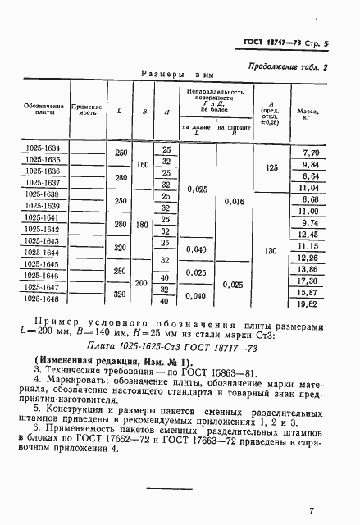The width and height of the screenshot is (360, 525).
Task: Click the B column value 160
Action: pyautogui.click(x=144, y=165)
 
